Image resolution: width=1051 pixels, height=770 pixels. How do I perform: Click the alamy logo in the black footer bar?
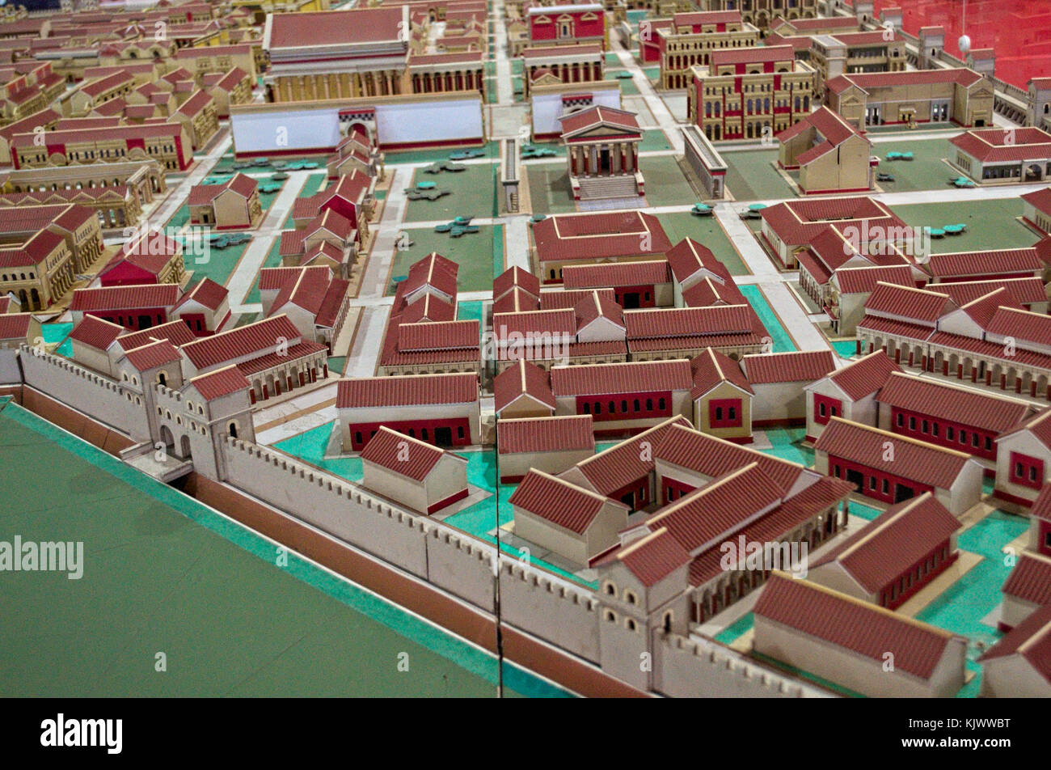(81, 734)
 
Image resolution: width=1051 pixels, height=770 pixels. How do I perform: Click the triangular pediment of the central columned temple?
(599, 122)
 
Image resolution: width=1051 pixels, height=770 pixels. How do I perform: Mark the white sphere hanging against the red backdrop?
(964, 42)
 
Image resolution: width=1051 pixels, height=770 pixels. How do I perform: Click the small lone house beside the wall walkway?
(414, 469)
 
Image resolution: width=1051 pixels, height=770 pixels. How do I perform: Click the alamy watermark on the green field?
(42, 556)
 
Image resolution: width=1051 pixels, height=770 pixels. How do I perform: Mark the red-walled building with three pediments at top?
(566, 23)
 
